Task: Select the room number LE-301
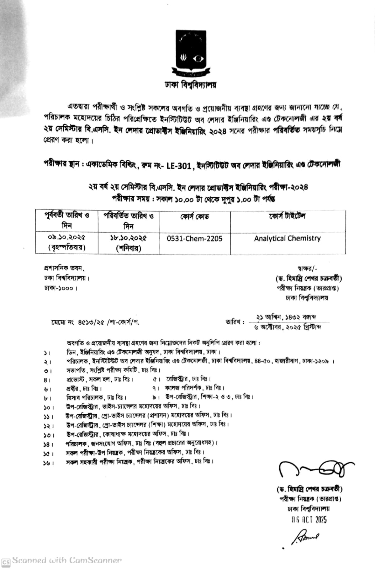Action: pyautogui.click(x=179, y=166)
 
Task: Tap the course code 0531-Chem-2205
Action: pyautogui.click(x=194, y=239)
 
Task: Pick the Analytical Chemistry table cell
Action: pyautogui.click(x=287, y=238)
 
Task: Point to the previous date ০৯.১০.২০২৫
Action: pyautogui.click(x=67, y=237)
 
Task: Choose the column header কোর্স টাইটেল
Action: pyautogui.click(x=287, y=216)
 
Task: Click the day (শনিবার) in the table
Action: pyautogui.click(x=128, y=248)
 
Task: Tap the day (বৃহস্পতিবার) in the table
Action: pyautogui.click(x=67, y=247)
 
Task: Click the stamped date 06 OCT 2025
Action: pyautogui.click(x=309, y=520)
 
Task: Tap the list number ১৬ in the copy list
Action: pyautogui.click(x=47, y=463)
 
